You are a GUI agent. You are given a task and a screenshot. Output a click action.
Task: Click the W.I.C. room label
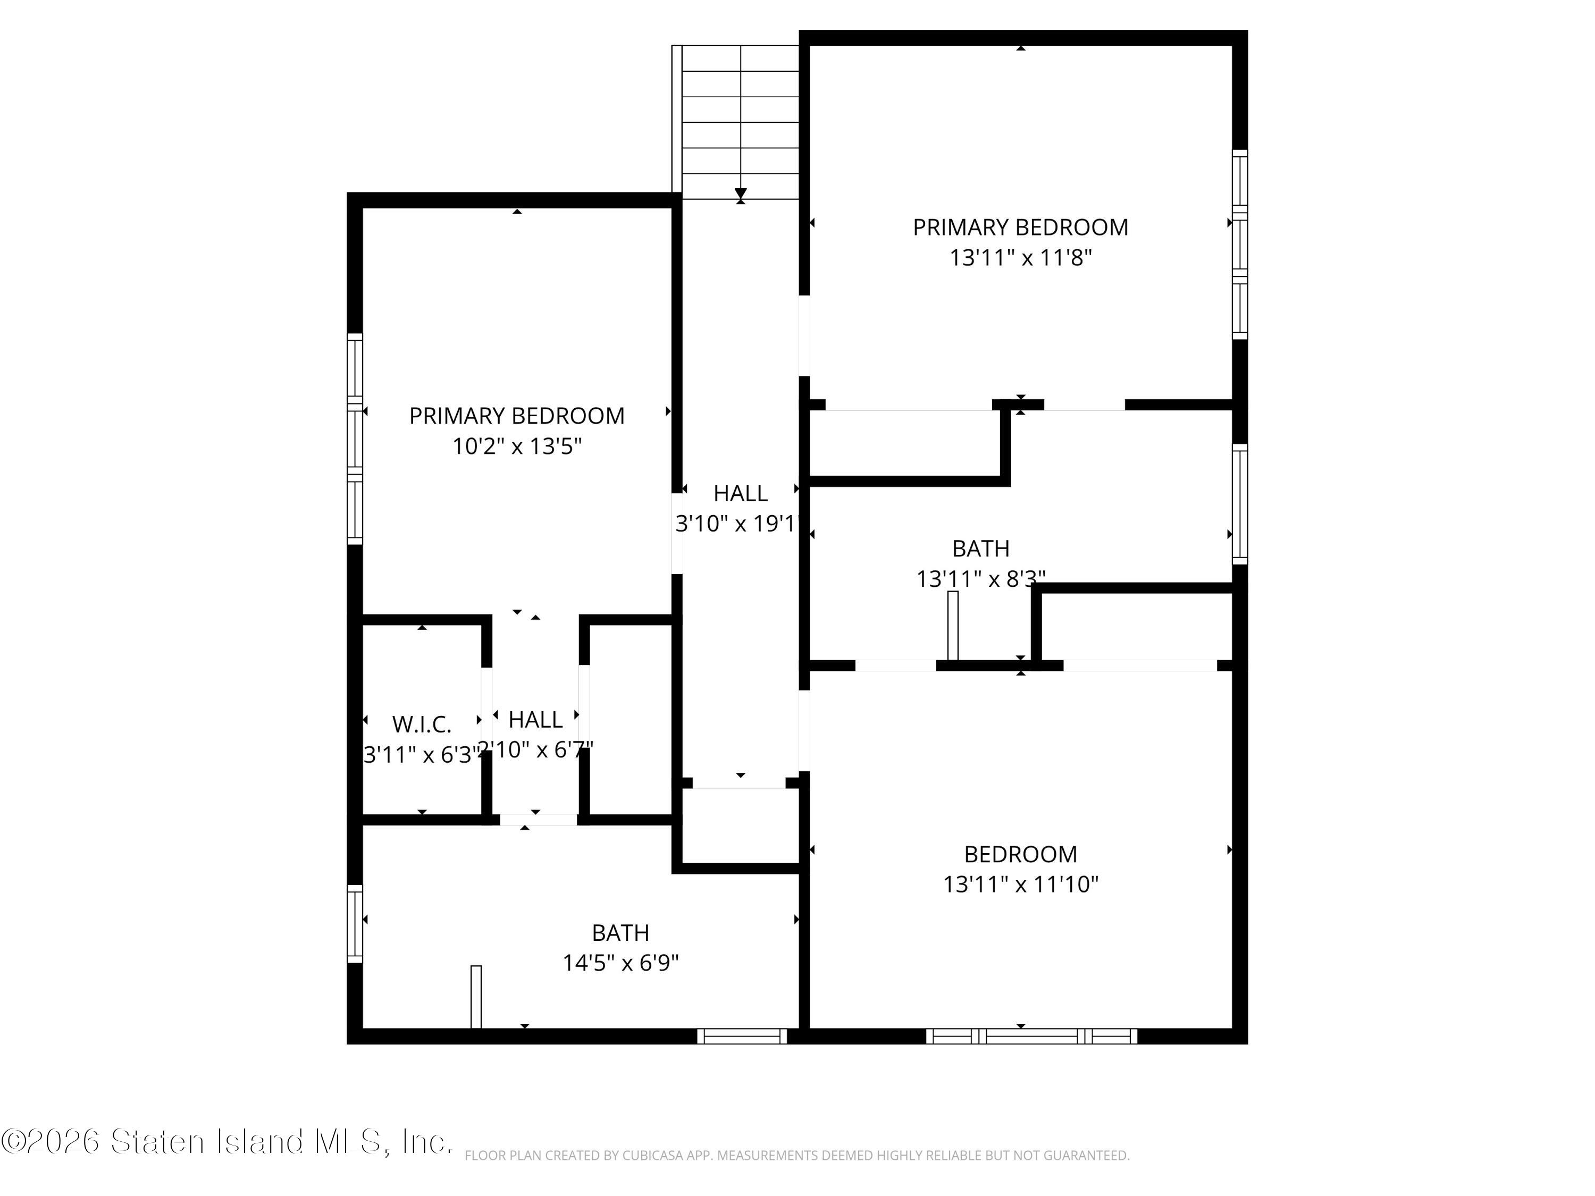422,724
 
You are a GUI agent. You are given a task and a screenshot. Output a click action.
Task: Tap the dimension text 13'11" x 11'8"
1020,257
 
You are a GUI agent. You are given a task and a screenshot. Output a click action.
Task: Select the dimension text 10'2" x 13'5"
517,447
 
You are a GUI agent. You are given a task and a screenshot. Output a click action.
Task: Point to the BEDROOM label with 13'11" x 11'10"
1020,854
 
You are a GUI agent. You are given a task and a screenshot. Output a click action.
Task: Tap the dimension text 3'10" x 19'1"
738,524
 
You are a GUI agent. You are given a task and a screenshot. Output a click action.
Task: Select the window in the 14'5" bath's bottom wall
742,1036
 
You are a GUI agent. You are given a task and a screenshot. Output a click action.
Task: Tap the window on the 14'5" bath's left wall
355,923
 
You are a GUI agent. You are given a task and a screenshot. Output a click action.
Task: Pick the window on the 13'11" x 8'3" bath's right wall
1239,504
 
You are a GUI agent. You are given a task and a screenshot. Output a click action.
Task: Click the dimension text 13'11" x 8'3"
980,578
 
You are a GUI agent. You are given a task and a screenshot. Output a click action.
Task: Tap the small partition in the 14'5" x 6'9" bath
476,997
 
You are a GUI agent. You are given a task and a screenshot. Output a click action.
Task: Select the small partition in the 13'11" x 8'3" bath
953,626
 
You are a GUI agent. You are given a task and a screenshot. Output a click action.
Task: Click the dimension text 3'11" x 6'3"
422,755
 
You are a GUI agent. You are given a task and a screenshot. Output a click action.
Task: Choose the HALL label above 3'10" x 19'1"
741,493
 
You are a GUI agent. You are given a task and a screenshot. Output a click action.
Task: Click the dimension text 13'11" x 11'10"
1020,884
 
